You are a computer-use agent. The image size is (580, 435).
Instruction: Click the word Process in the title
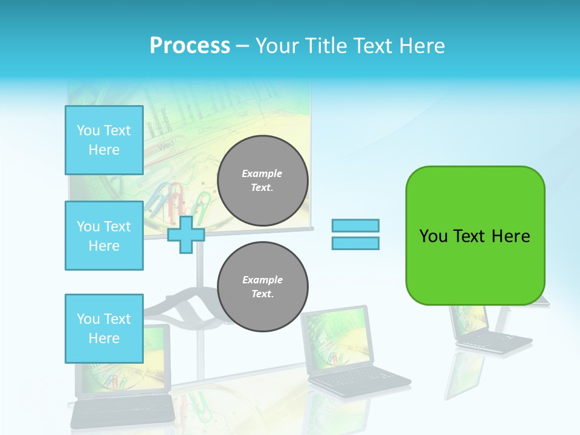pos(190,46)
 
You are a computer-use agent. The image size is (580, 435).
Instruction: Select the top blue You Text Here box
pos(104,140)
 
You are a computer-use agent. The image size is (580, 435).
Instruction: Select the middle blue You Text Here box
pos(104,236)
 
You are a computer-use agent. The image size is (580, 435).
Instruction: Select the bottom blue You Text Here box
pos(104,329)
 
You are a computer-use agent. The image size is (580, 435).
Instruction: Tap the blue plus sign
pos(185,234)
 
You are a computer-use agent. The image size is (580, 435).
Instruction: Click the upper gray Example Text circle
pos(263,181)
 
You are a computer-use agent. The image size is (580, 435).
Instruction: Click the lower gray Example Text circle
pos(263,287)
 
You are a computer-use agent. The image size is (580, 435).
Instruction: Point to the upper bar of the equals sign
pos(356,225)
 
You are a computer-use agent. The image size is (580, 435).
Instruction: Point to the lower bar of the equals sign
pos(356,243)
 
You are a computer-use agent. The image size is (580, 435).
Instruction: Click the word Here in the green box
pos(511,236)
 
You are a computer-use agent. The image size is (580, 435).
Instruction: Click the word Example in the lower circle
pos(262,280)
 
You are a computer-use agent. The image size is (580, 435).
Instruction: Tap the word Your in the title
pos(278,46)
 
